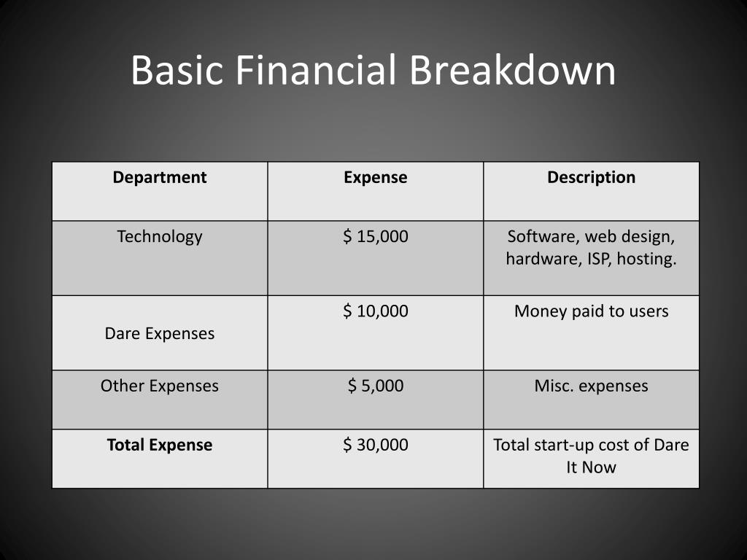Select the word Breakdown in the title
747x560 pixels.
(512, 71)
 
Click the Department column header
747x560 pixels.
(160, 177)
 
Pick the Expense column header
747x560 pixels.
(376, 177)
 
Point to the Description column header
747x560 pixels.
(591, 177)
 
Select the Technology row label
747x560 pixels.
(160, 237)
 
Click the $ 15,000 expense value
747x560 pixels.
(376, 237)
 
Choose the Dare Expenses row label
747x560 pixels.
(160, 334)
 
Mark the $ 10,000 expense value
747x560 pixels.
(376, 311)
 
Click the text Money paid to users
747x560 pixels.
(591, 311)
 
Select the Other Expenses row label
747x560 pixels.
(160, 386)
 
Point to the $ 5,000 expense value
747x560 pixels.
(376, 386)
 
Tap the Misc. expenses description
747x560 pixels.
(591, 386)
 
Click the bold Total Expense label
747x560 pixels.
(160, 445)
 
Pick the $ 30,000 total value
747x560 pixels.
(376, 445)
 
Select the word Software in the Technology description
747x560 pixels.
(535, 237)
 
